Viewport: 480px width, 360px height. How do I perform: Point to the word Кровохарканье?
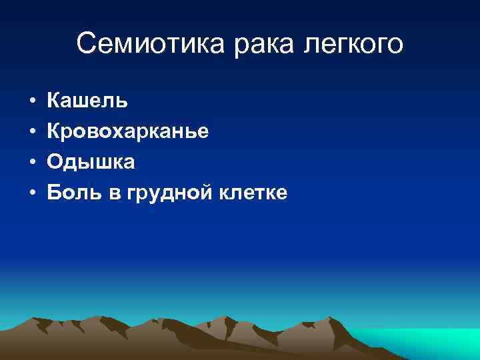click(x=127, y=132)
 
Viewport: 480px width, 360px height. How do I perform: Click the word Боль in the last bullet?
click(x=72, y=193)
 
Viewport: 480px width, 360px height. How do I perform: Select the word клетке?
click(x=254, y=193)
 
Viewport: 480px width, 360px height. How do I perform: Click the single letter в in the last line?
click(x=109, y=194)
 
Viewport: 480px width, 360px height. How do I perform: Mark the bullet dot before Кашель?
click(x=32, y=102)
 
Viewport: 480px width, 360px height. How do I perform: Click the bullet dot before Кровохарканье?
click(x=32, y=133)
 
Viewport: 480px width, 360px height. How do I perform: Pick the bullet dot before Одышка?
click(x=32, y=163)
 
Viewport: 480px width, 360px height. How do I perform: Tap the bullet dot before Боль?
click(x=32, y=193)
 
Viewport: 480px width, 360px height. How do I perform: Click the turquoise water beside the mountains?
click(x=427, y=340)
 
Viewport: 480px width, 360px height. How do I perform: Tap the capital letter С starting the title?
click(x=86, y=44)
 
